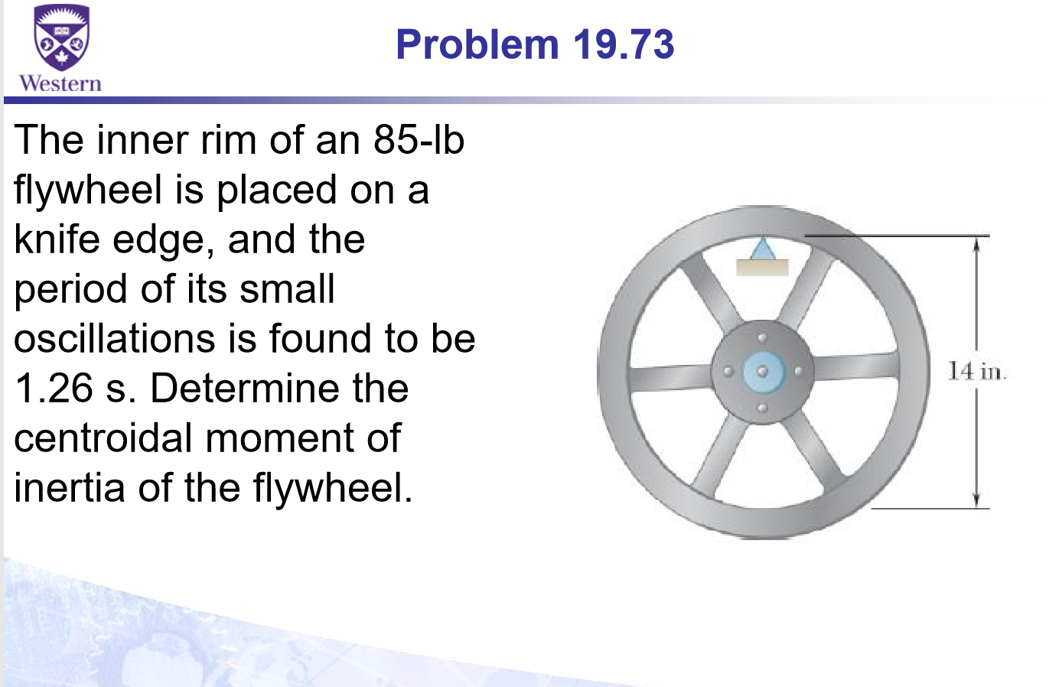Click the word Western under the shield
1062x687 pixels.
pyautogui.click(x=60, y=83)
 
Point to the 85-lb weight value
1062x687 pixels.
pyautogui.click(x=419, y=140)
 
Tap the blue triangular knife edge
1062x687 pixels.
pyautogui.click(x=762, y=249)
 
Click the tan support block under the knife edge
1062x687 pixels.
pyautogui.click(x=762, y=267)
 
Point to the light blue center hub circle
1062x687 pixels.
pyautogui.click(x=762, y=372)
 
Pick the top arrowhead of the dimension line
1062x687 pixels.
pyautogui.click(x=976, y=243)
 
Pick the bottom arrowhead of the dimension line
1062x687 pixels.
pyautogui.click(x=976, y=500)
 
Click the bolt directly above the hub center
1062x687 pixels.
pyautogui.click(x=762, y=337)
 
